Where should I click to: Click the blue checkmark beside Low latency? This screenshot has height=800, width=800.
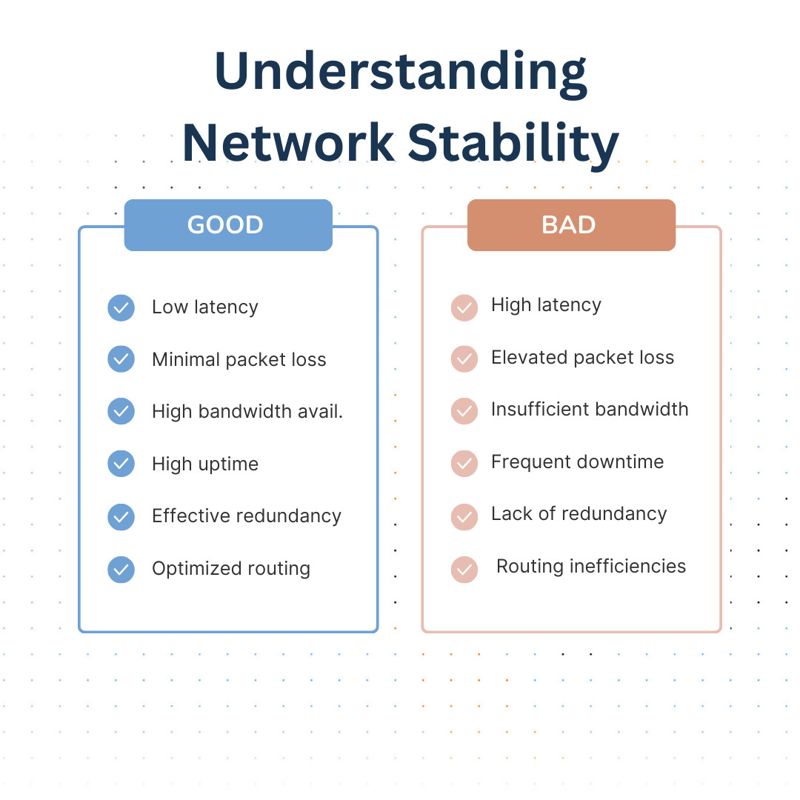(121, 307)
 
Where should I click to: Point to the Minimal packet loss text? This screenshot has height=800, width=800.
(239, 360)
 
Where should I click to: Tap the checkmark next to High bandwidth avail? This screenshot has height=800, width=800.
(121, 412)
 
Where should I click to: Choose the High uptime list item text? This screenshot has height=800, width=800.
(205, 464)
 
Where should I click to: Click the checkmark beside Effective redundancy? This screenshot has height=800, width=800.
(121, 516)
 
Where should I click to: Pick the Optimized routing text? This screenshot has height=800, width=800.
(230, 569)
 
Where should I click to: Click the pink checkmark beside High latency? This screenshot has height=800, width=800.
(464, 307)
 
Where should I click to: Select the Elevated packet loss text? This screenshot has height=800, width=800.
(582, 358)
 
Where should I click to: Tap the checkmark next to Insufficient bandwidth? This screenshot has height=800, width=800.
(464, 411)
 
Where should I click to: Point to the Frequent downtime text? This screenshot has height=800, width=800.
(577, 462)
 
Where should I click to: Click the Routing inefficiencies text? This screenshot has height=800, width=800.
(591, 567)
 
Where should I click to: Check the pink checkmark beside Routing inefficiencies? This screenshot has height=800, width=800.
(464, 569)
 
